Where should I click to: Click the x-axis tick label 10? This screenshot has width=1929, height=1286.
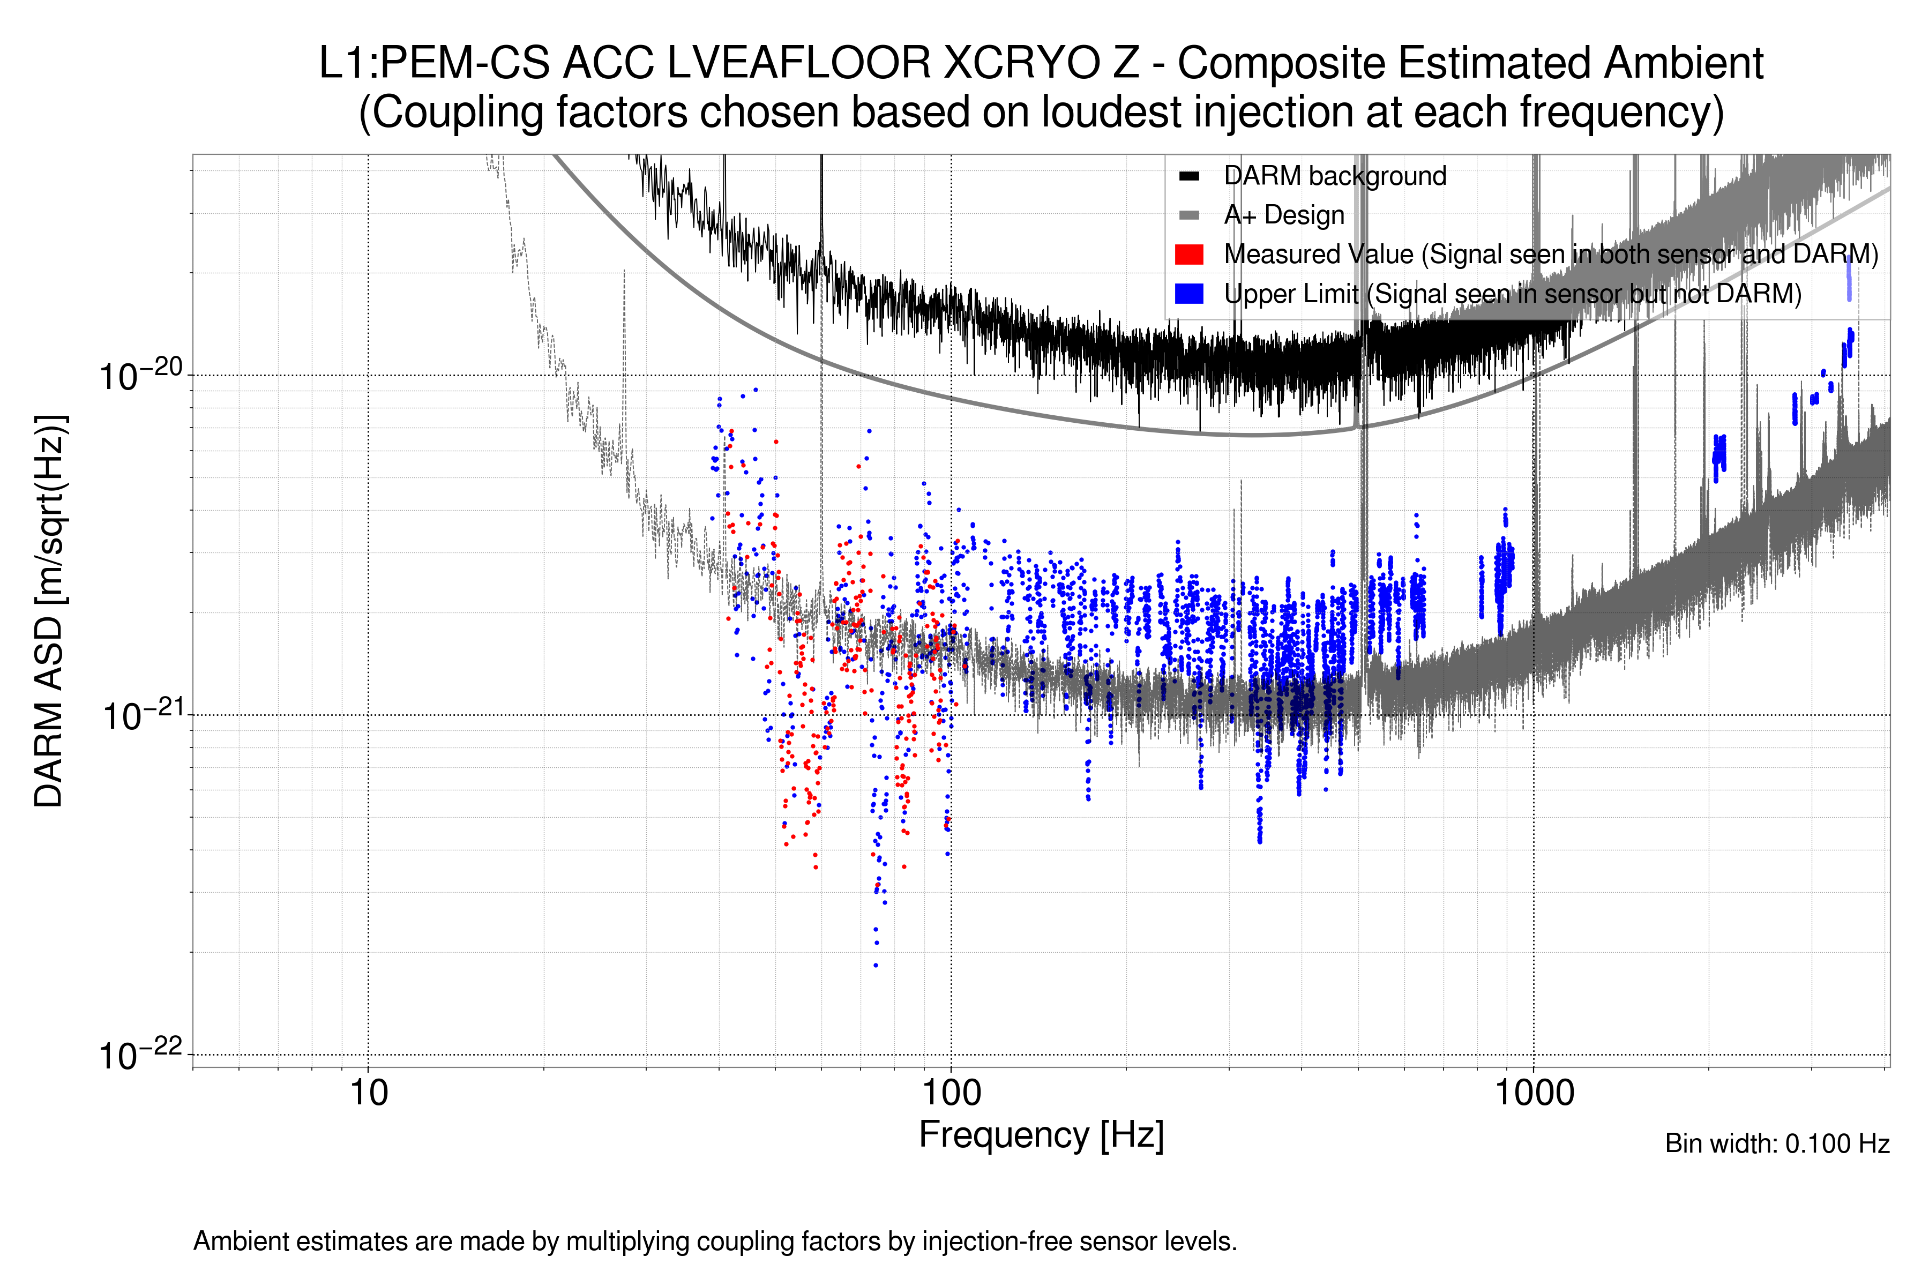368,1093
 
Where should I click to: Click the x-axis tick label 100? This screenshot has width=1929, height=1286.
951,1093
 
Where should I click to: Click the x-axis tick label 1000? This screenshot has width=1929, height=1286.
1534,1093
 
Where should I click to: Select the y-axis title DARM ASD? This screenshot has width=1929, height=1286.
49,610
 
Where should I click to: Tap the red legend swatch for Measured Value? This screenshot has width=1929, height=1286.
1188,254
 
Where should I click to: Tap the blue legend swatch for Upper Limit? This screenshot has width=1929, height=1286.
1188,294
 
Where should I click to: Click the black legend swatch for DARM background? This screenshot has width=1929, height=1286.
1188,176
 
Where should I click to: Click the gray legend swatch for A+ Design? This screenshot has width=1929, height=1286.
1188,215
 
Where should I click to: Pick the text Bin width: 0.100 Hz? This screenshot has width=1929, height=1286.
1776,1143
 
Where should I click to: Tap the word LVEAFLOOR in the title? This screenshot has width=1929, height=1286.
799,63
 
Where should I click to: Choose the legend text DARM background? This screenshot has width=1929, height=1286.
1334,176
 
